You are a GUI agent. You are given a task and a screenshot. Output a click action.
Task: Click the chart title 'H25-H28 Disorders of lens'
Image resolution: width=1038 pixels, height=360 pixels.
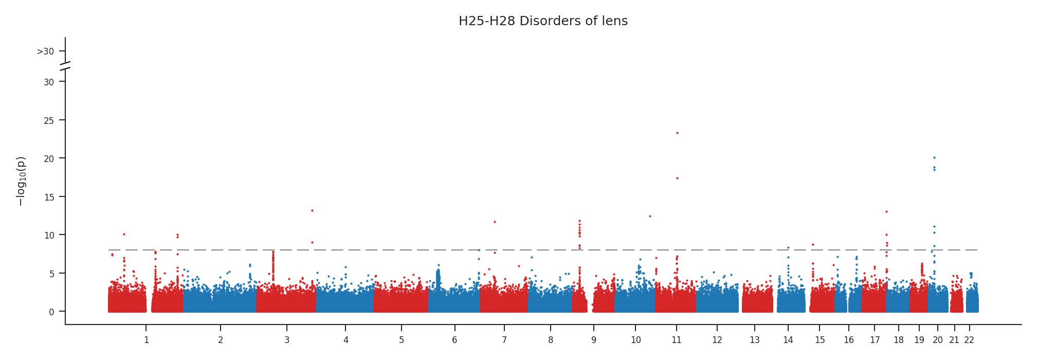point(543,21)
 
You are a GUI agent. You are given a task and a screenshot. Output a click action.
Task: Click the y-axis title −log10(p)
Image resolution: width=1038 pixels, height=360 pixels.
point(21,181)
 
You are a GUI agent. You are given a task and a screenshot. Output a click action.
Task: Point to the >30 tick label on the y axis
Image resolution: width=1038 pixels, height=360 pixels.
point(45,51)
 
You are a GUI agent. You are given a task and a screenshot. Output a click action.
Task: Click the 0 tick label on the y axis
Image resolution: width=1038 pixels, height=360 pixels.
point(51,312)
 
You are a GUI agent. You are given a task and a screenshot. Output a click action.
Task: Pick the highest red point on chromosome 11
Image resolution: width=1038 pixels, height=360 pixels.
point(677,133)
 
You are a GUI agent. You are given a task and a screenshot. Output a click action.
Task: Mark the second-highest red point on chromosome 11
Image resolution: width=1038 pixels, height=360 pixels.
point(677,178)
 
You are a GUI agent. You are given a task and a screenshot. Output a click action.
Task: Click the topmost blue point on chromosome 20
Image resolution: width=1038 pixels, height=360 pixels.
point(934,157)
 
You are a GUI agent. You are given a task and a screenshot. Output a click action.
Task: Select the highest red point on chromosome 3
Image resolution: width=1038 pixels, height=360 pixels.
point(312,210)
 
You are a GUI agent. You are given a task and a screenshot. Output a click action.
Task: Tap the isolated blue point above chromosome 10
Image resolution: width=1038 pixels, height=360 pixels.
point(650,216)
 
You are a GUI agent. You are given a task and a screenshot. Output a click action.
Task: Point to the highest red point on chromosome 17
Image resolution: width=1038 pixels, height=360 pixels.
point(886,211)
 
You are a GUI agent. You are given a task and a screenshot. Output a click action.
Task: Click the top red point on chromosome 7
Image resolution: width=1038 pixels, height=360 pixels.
point(495,222)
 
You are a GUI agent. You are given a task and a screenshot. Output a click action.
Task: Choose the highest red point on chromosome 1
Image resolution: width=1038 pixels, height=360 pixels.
point(124,234)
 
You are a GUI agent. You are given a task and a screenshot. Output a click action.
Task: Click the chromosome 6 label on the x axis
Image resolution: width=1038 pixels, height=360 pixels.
point(454,340)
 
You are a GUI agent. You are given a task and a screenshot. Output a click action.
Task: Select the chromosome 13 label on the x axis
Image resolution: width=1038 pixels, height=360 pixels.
point(754,340)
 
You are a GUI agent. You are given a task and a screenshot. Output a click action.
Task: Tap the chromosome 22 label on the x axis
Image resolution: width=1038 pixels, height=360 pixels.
point(969,340)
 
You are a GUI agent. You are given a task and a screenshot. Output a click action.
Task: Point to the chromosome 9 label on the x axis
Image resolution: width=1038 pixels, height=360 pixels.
point(594,340)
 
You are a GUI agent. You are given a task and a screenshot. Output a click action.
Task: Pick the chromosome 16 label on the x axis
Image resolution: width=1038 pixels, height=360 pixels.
point(849,340)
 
